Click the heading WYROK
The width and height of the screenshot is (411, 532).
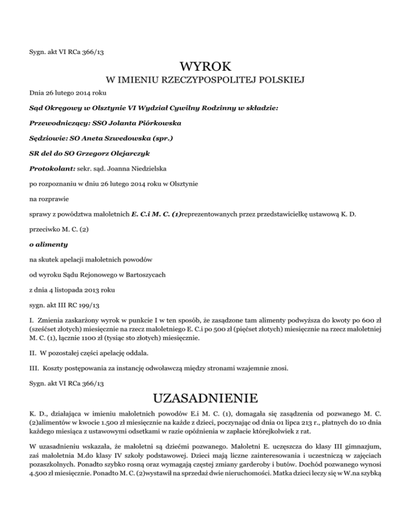coord(206,68)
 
